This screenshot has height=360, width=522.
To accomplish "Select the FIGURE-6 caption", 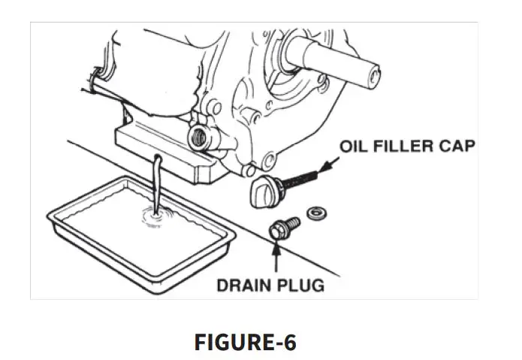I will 246,342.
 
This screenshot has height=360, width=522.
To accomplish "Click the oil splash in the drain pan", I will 153,219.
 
